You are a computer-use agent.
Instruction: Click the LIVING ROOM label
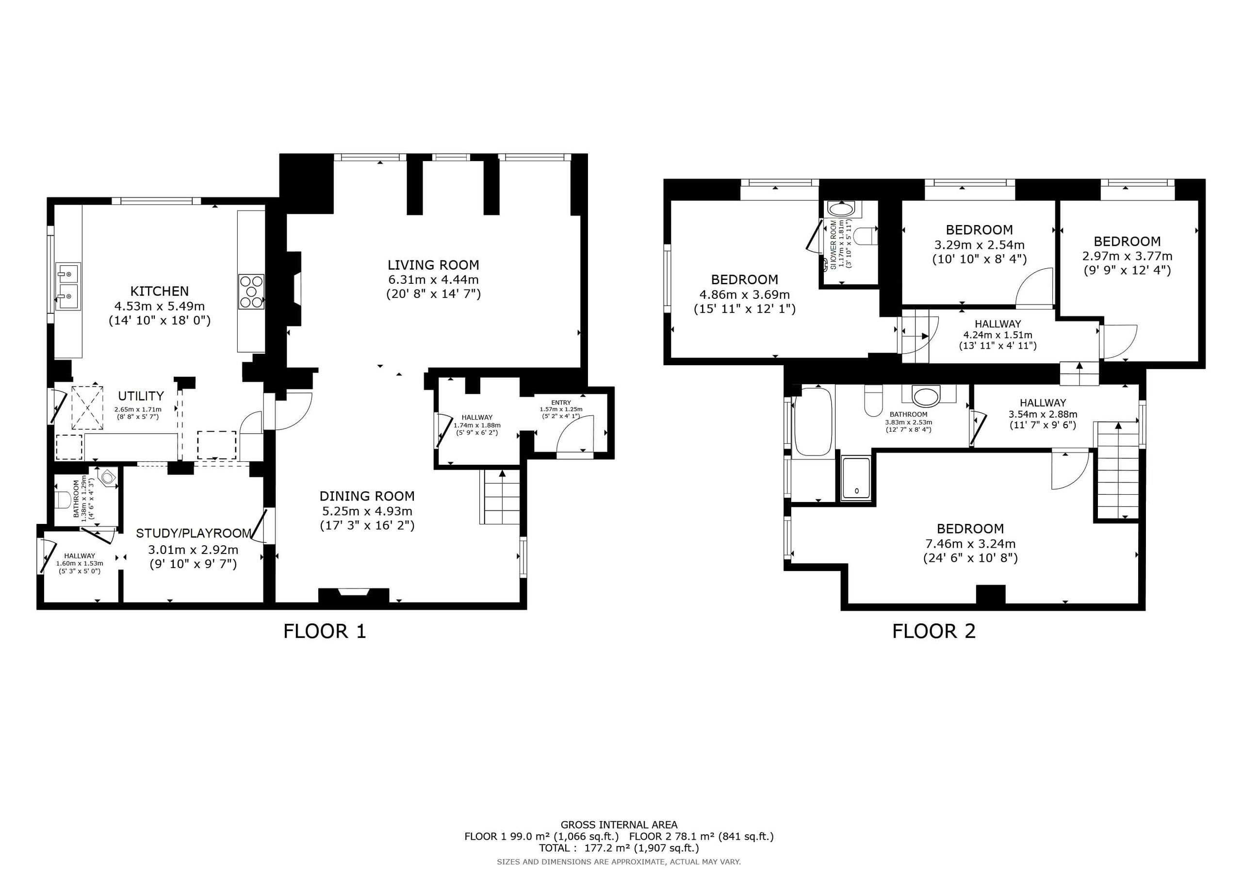point(433,265)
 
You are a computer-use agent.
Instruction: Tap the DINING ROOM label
point(367,496)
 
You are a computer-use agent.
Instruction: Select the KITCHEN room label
point(160,291)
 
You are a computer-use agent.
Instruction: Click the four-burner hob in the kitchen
point(251,292)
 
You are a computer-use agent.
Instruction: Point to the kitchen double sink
point(67,287)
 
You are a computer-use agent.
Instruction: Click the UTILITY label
point(141,395)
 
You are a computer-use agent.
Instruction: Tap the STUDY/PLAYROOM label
point(194,534)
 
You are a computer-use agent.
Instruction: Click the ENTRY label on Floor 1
point(561,403)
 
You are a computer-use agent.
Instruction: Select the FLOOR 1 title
point(325,631)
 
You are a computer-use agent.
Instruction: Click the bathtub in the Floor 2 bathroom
point(813,422)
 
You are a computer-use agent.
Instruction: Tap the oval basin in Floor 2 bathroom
point(928,395)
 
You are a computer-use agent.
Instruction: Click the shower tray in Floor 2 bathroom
point(856,478)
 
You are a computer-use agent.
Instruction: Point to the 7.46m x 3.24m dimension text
point(970,544)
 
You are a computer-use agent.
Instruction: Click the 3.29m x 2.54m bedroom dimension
point(979,245)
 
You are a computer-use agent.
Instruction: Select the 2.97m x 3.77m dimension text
point(1128,256)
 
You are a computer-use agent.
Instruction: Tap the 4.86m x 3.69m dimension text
point(744,295)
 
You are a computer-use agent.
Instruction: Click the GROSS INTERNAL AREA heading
point(619,825)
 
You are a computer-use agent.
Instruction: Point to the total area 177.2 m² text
point(619,848)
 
